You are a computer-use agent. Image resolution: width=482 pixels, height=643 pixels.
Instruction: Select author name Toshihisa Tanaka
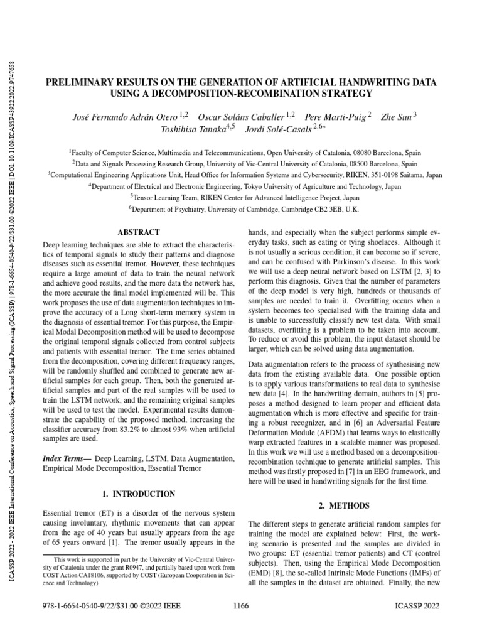point(188,129)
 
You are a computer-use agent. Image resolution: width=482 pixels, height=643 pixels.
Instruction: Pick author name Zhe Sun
point(396,117)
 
